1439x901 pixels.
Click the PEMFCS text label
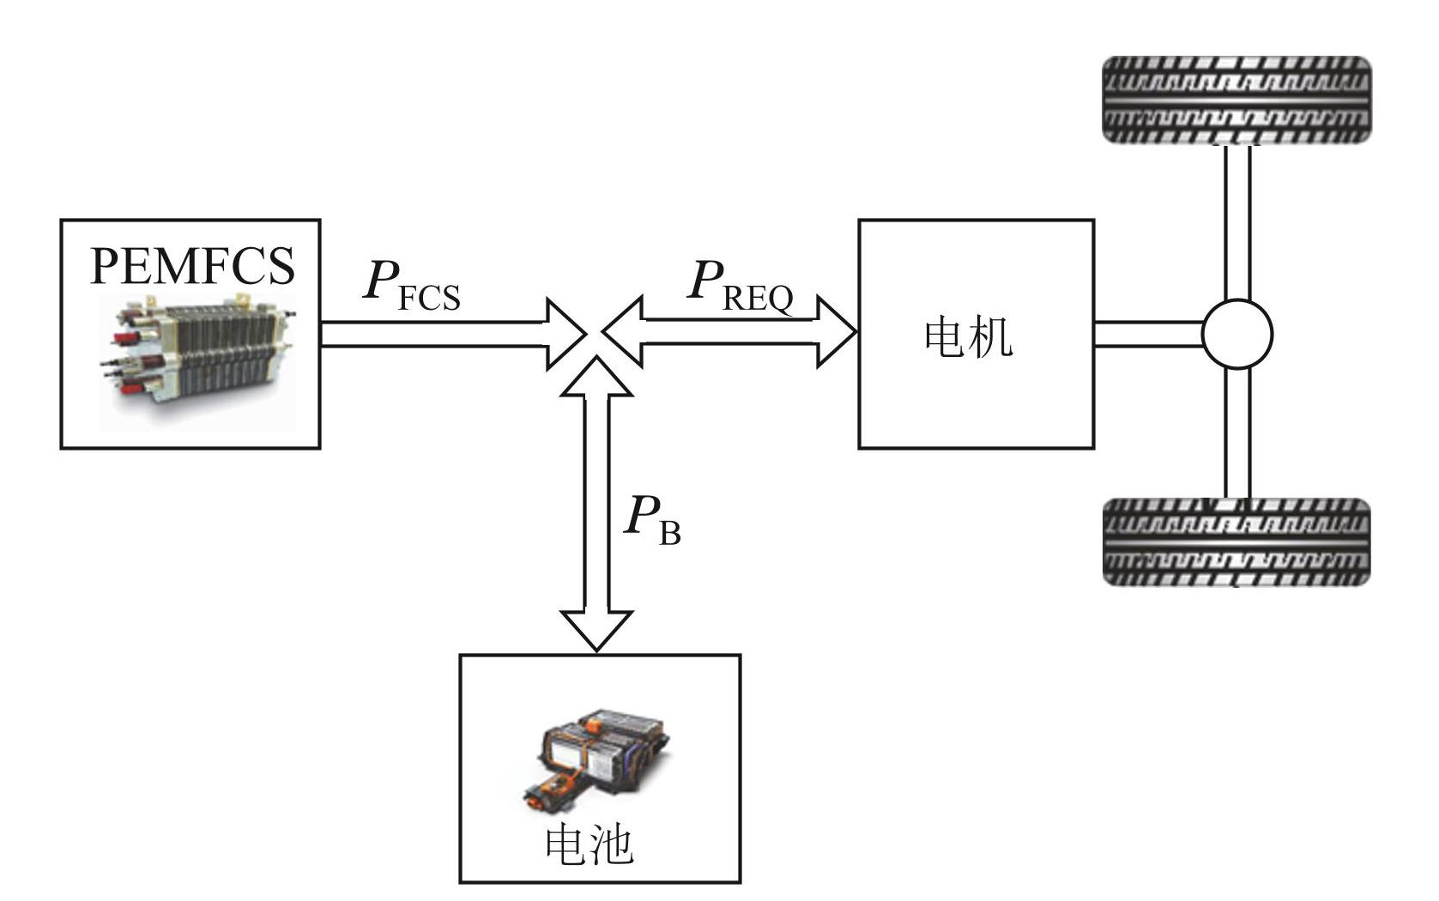[x=192, y=266]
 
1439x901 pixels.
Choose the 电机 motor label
[x=968, y=337]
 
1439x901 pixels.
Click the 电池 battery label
[x=590, y=844]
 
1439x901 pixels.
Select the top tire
[x=1236, y=100]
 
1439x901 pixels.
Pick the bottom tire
[x=1236, y=542]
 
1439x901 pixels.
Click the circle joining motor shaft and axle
[x=1236, y=334]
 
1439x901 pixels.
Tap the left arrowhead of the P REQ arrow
[x=624, y=332]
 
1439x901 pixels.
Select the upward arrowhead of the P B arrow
[x=596, y=378]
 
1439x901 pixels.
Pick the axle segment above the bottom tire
[x=1236, y=433]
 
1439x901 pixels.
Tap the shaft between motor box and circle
[x=1147, y=334]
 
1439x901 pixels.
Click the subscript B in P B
[x=669, y=534]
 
